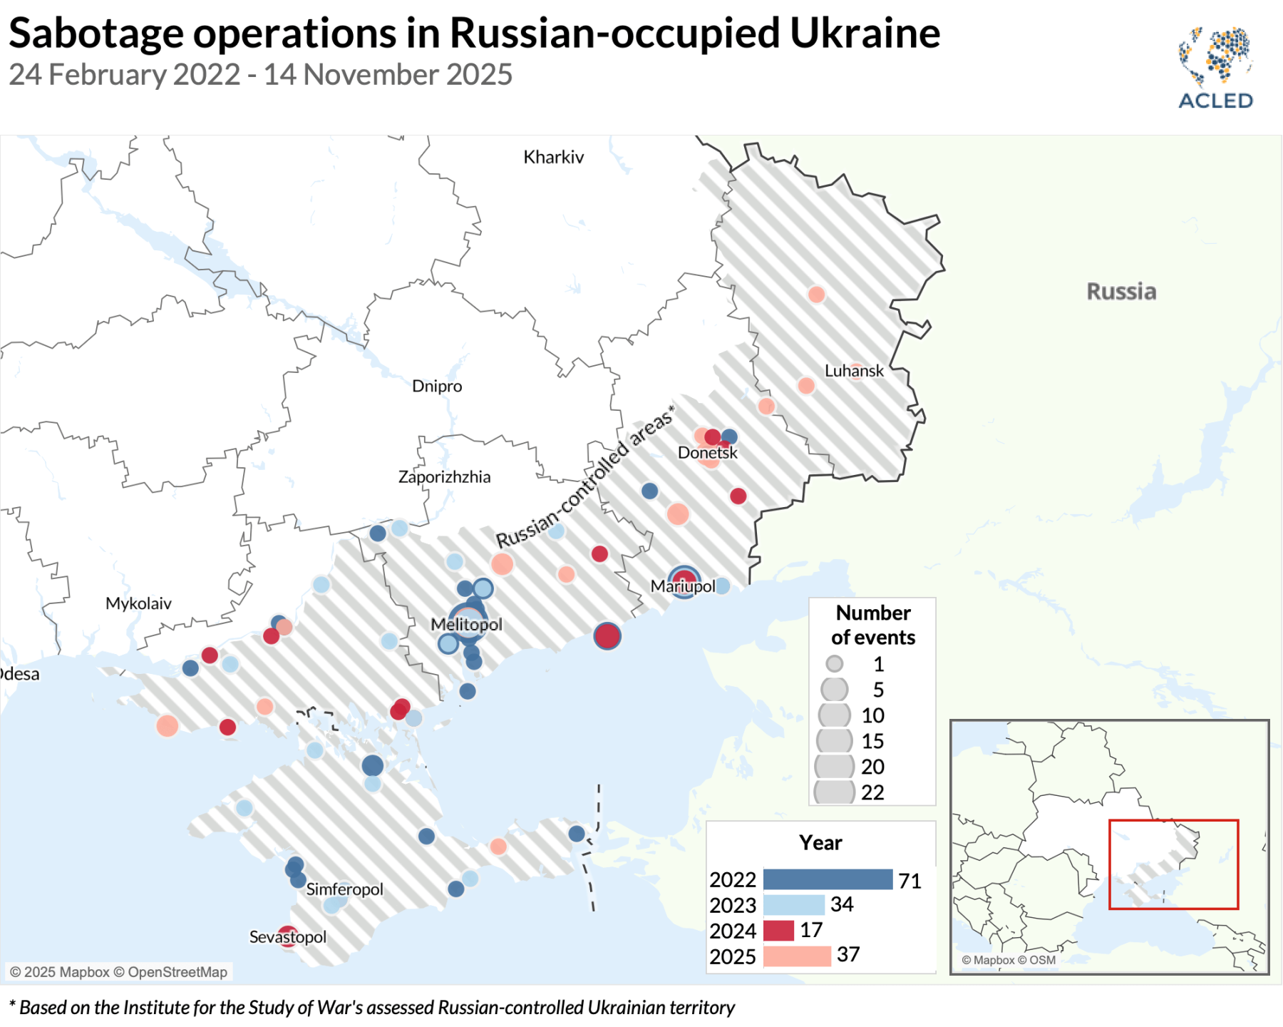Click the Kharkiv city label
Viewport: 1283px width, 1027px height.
click(553, 157)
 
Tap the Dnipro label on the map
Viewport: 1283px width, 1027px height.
click(437, 386)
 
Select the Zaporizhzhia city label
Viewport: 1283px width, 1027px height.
click(444, 476)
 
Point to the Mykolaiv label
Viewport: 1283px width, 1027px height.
click(138, 603)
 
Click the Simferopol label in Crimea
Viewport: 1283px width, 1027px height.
click(344, 889)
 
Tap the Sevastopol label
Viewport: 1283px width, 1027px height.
click(287, 937)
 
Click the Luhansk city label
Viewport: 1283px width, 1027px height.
click(853, 371)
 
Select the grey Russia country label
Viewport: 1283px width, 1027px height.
click(1120, 291)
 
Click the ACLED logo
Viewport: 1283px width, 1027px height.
click(1215, 68)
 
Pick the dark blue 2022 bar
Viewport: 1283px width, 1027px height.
click(827, 879)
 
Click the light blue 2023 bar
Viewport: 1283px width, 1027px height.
click(793, 905)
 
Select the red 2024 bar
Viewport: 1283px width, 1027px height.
click(778, 931)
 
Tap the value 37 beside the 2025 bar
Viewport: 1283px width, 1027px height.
click(847, 954)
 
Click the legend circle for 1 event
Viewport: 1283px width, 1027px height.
click(834, 664)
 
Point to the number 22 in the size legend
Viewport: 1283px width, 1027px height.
click(872, 792)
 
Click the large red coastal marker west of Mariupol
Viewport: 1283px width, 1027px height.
click(607, 635)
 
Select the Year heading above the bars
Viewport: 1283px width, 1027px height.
click(820, 842)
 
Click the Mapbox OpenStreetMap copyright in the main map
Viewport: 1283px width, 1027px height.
click(118, 972)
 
